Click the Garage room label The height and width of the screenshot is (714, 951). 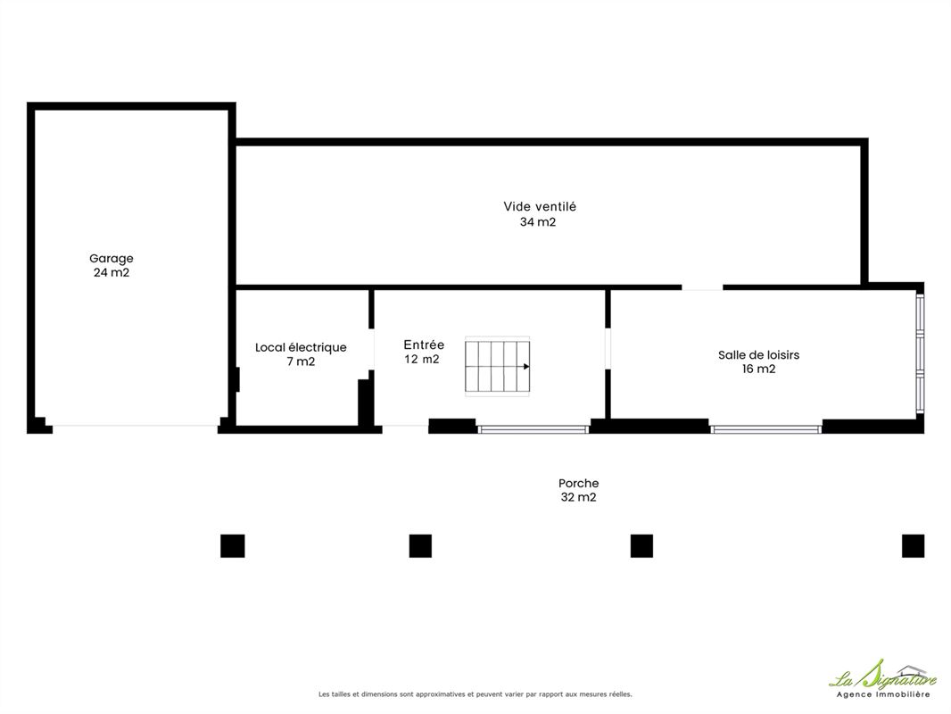point(111,259)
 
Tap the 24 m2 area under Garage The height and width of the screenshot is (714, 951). point(111,272)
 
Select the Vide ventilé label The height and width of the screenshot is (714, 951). point(540,206)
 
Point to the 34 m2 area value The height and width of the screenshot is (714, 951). point(538,222)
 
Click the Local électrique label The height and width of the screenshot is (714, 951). point(301,347)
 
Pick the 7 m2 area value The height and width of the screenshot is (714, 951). point(301,361)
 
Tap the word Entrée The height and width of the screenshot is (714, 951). point(424,345)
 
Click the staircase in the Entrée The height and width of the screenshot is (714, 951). point(497,367)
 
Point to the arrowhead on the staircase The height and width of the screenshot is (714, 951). point(526,367)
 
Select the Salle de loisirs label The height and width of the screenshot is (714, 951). point(758,355)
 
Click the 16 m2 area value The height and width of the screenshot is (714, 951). point(758,369)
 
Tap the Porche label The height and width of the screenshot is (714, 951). point(579,484)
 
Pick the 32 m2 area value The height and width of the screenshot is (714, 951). point(579,497)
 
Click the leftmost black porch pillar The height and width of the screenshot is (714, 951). point(232,546)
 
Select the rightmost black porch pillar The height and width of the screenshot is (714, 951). point(913,546)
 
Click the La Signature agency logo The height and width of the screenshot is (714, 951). point(882,679)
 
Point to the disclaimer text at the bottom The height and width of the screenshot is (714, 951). point(475,694)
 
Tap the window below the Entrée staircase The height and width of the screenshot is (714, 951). point(533,429)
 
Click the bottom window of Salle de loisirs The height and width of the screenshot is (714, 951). point(765,429)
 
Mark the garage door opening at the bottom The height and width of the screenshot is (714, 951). point(136,426)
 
